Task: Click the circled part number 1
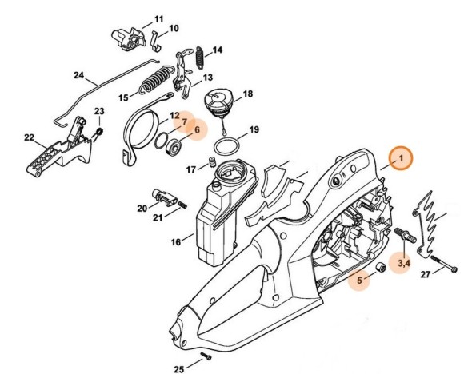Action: pyautogui.click(x=399, y=159)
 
